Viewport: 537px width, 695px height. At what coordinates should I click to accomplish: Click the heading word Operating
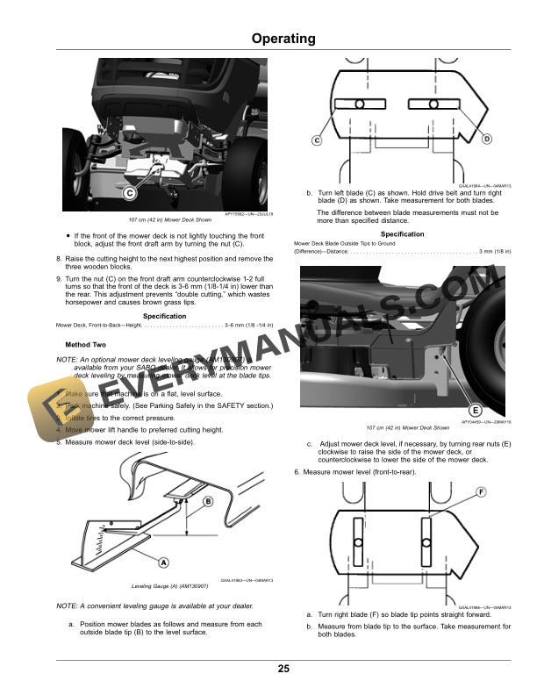pos(283,39)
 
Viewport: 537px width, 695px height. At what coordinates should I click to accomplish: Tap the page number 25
pos(283,669)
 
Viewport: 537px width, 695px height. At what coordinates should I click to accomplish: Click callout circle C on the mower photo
pos(129,192)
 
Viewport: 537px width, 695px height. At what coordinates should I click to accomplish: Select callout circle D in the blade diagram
pos(487,140)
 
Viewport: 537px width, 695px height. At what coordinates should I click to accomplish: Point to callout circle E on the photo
pos(475,411)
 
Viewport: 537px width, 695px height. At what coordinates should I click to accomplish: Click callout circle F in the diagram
pos(482,491)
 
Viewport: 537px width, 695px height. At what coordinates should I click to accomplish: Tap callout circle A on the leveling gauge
pos(163,562)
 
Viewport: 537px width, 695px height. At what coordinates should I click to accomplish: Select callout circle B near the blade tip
pos(208,501)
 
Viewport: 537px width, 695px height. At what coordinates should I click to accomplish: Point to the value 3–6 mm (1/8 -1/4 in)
pos(251,326)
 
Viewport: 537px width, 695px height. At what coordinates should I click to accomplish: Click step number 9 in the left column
pos(58,278)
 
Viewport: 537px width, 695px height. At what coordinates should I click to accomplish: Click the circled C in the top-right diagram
pos(317,140)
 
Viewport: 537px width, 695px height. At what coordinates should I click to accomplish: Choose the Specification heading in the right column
pos(403,234)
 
